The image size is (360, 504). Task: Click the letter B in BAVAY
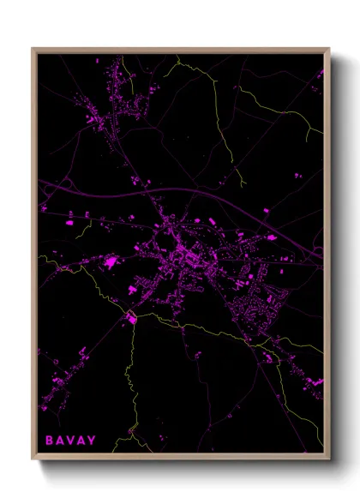50,441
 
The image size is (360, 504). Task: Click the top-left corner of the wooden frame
33,49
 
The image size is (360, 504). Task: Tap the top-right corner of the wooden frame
328,49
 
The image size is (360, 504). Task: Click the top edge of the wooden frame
180,49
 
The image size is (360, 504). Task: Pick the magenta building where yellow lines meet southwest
132,319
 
